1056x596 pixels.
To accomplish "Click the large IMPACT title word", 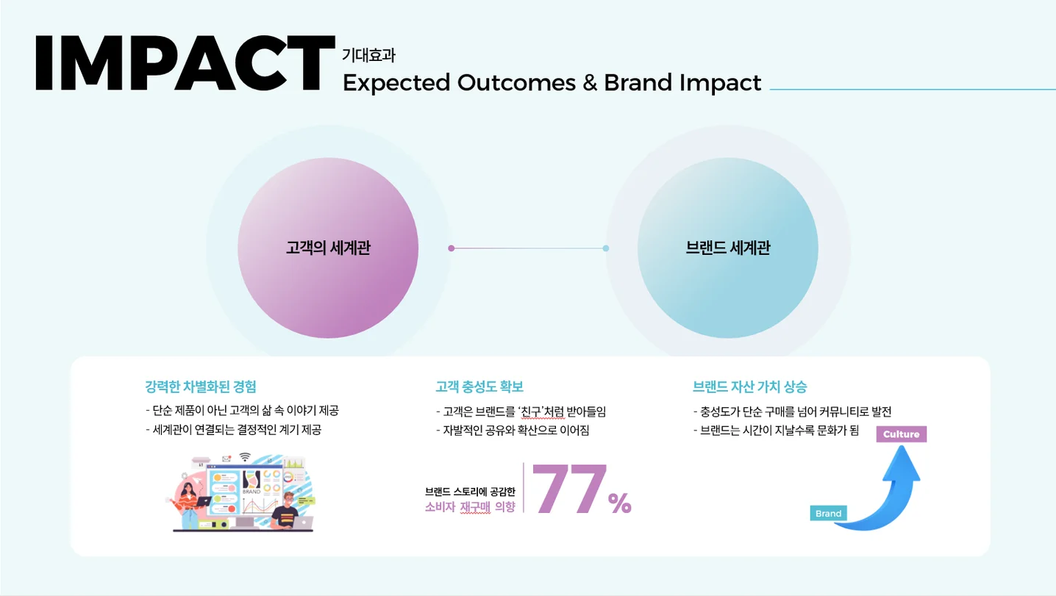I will (184, 63).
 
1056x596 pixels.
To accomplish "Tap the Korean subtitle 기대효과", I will (368, 55).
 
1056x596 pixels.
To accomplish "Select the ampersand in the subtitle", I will (590, 82).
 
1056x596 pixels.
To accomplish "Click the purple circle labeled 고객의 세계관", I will (328, 248).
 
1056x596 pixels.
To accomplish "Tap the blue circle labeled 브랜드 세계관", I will (727, 248).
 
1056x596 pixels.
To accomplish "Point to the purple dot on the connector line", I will (451, 248).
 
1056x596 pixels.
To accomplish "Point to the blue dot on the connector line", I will (606, 248).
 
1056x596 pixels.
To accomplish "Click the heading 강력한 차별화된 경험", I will (200, 387).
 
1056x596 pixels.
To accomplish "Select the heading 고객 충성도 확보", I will (479, 387).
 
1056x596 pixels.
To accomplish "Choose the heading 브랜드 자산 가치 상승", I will (749, 387).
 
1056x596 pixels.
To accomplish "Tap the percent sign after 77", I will (619, 503).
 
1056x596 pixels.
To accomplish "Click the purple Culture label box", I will (901, 434).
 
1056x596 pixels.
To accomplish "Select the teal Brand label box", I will (828, 514).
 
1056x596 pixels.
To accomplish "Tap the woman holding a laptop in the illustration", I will (190, 501).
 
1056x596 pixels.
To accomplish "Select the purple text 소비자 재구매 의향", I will (470, 506).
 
